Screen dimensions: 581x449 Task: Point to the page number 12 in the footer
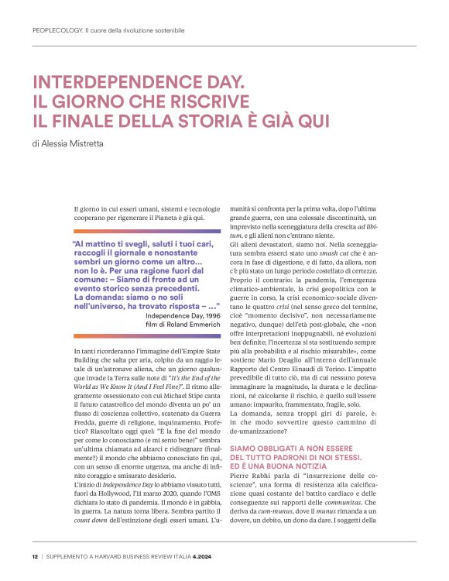click(x=36, y=555)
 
